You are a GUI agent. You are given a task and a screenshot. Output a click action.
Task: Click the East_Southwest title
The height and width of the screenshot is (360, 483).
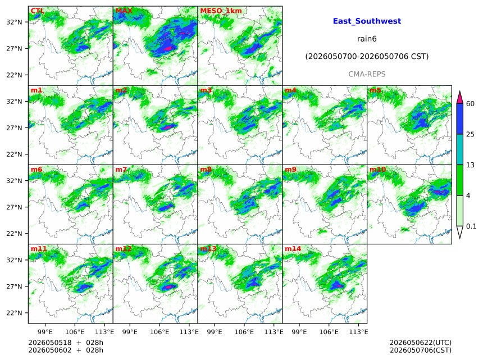pyautogui.click(x=367, y=21)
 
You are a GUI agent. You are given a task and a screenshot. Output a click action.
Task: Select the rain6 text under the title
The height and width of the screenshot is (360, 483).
pyautogui.click(x=367, y=39)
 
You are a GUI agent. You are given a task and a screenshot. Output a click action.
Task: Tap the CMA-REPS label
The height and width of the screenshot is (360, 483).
pyautogui.click(x=367, y=74)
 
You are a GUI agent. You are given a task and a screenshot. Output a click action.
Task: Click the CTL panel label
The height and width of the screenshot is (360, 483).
pyautogui.click(x=37, y=11)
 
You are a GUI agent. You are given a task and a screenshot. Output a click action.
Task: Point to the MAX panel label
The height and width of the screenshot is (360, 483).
pyautogui.click(x=124, y=11)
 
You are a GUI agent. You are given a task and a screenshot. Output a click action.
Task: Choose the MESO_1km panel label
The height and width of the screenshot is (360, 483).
pyautogui.click(x=221, y=11)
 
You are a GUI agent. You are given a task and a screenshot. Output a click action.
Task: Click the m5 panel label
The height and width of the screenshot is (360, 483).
pyautogui.click(x=375, y=90)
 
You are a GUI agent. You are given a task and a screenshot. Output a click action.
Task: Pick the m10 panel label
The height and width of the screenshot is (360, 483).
pyautogui.click(x=377, y=170)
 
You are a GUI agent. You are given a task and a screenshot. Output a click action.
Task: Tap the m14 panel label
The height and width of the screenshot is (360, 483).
pyautogui.click(x=293, y=249)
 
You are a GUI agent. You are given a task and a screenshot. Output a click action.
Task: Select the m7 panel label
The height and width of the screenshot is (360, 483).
pyautogui.click(x=121, y=170)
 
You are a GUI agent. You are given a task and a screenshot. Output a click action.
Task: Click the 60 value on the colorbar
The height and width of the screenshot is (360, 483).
pyautogui.click(x=470, y=104)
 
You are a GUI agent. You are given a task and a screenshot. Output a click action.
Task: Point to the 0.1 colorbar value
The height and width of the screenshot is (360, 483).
pyautogui.click(x=471, y=226)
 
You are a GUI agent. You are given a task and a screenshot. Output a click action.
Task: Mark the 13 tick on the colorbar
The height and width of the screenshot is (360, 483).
pyautogui.click(x=470, y=165)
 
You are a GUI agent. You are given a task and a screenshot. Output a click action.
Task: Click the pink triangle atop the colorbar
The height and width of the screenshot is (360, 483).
pyautogui.click(x=459, y=97)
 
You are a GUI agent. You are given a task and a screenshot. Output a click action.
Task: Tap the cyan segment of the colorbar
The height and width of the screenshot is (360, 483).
pyautogui.click(x=459, y=149)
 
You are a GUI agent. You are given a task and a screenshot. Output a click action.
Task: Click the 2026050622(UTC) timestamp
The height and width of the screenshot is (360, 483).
pyautogui.click(x=421, y=343)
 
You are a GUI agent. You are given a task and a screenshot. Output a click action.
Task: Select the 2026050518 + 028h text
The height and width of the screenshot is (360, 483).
pyautogui.click(x=66, y=343)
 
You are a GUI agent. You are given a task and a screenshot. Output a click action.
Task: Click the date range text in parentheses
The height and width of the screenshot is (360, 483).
pyautogui.click(x=367, y=56)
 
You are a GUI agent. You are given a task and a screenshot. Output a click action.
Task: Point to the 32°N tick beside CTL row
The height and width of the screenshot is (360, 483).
pyautogui.click(x=14, y=22)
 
